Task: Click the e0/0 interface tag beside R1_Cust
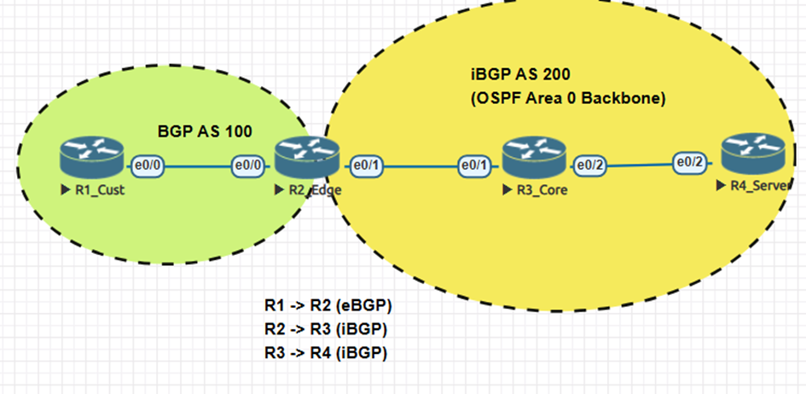click(148, 165)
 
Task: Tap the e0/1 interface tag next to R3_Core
click(476, 165)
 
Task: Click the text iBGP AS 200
click(527, 76)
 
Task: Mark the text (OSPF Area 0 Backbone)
click(568, 98)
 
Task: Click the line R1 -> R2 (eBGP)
click(328, 305)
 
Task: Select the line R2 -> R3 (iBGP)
click(326, 328)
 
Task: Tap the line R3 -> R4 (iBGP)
click(326, 351)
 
